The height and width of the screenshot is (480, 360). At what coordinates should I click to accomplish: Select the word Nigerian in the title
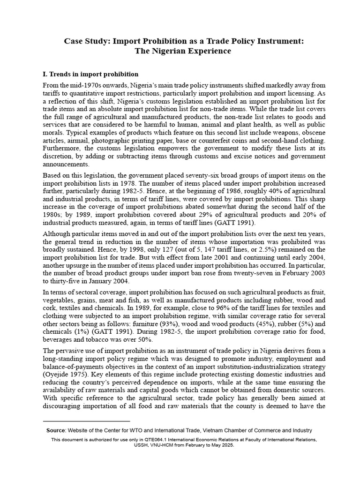[174, 51]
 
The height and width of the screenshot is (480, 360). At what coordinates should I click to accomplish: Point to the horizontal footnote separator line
[86, 421]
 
